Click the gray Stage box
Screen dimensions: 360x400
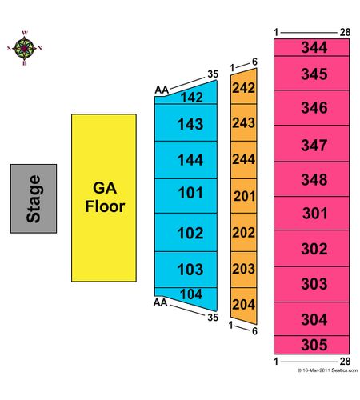point(34,198)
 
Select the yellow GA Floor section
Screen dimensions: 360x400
point(104,198)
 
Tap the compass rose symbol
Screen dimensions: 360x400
point(24,49)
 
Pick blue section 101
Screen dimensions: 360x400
point(186,196)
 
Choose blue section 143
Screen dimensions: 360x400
point(186,122)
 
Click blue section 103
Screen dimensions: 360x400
point(186,270)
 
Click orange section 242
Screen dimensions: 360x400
point(244,87)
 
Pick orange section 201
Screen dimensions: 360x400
point(244,196)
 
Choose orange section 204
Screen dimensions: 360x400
point(244,304)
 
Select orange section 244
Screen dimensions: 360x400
point(244,160)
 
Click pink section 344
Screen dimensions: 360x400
point(311,47)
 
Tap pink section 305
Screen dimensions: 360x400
point(311,345)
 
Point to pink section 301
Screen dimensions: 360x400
point(311,213)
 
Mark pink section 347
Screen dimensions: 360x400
point(311,143)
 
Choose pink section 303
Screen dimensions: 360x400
point(311,284)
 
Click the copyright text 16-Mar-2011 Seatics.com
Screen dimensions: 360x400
point(327,370)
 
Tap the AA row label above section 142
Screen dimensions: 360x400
point(162,90)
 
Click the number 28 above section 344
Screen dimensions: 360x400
point(345,32)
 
